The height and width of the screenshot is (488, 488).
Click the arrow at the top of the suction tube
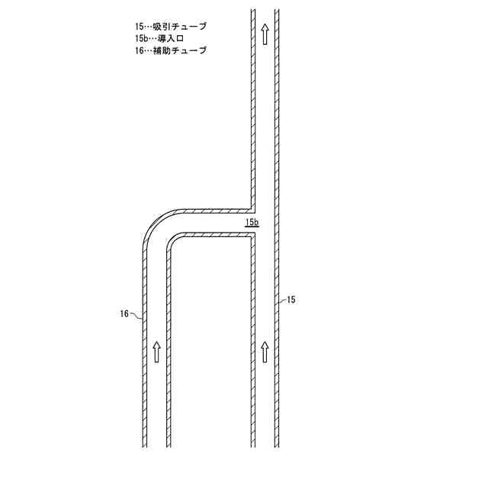click(265, 33)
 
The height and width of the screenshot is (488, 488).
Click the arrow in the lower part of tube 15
click(265, 351)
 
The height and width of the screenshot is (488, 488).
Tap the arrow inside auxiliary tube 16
click(156, 351)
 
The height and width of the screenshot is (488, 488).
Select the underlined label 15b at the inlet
click(252, 223)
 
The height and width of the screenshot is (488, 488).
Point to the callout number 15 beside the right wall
click(291, 300)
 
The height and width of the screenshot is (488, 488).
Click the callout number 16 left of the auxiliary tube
click(124, 313)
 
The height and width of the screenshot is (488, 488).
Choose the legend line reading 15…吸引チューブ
click(169, 27)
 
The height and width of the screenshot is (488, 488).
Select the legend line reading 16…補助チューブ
click(169, 50)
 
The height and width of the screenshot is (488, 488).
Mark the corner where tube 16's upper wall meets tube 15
click(252, 209)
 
